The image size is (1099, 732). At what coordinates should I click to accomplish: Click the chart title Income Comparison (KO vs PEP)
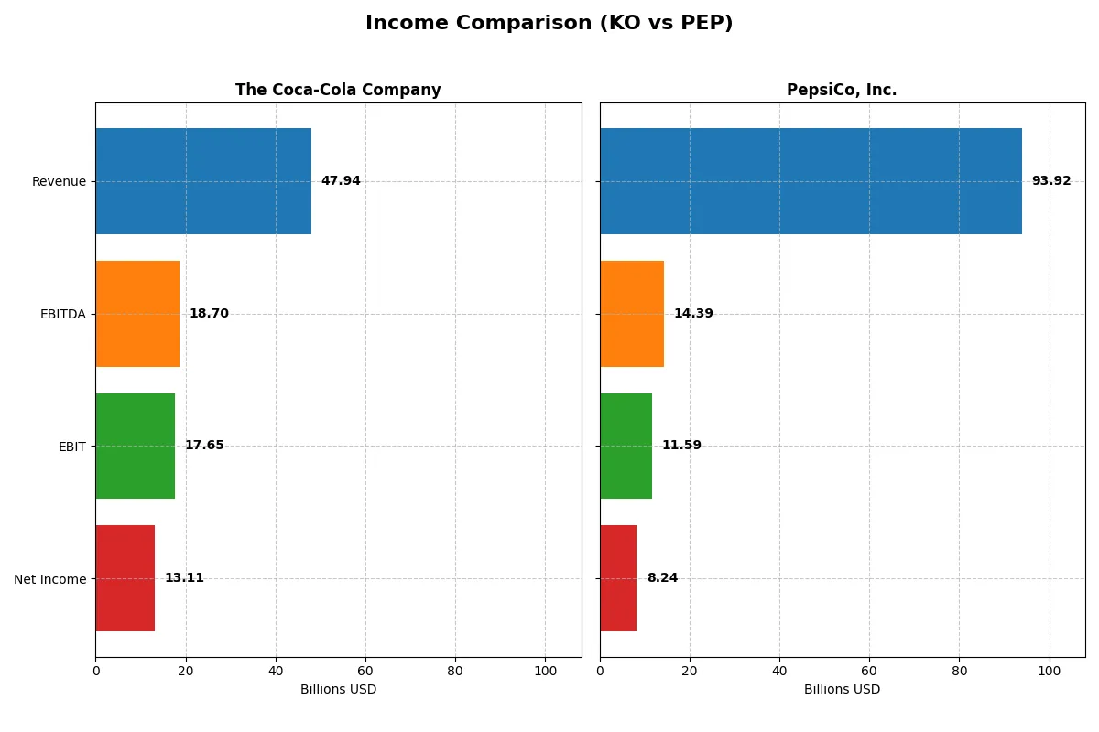(549, 24)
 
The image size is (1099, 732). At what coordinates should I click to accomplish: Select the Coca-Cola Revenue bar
(203, 181)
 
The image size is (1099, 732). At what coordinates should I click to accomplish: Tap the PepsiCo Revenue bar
(811, 181)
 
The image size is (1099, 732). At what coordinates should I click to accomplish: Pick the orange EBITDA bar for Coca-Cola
(137, 314)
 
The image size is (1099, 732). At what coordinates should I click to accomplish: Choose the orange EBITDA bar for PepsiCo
(632, 314)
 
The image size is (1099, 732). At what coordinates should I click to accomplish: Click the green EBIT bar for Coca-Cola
(136, 446)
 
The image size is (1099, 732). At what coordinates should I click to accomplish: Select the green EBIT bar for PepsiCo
(626, 446)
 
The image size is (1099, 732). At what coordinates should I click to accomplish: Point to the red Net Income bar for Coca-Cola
(125, 578)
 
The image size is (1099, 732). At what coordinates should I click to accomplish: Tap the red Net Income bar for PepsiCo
(618, 578)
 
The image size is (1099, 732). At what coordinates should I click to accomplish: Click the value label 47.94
(341, 181)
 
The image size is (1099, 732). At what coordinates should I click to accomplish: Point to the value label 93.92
(1050, 181)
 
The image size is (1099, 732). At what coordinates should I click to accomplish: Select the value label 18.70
(209, 314)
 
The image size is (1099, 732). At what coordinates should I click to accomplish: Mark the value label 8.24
(662, 578)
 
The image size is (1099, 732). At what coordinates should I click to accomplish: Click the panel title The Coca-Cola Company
(338, 91)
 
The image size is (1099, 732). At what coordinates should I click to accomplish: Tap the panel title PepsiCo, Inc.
(842, 91)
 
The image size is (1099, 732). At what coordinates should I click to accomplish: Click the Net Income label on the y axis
(50, 579)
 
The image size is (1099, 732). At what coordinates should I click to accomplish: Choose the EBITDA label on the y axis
(63, 315)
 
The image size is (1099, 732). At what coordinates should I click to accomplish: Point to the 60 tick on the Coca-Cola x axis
(365, 671)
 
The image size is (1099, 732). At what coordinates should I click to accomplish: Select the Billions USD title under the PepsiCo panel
(842, 690)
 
